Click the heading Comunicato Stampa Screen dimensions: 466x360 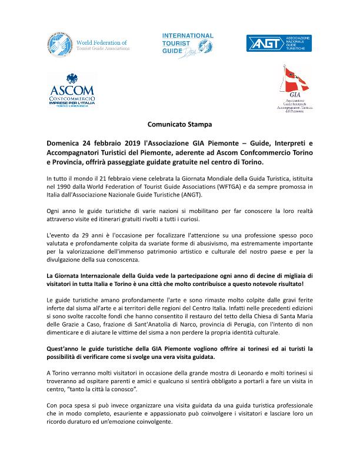[x=179, y=125]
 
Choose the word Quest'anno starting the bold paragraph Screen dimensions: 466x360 [x=65, y=348]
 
